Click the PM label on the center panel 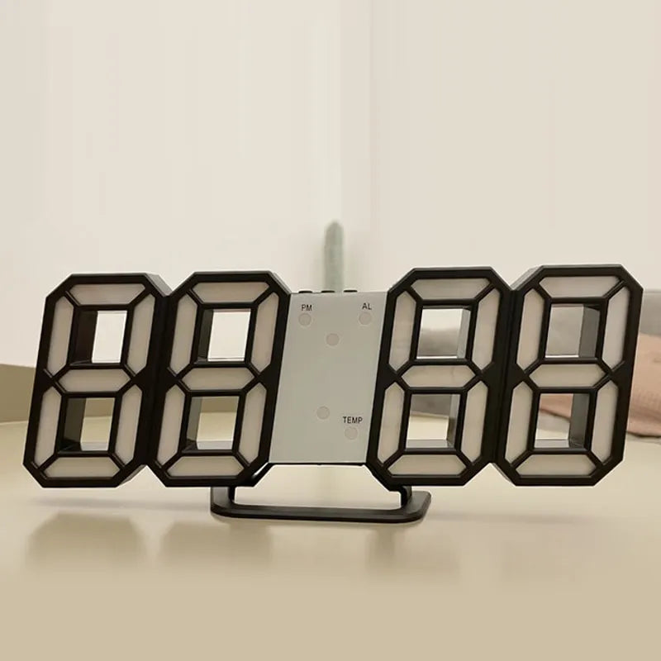(306, 306)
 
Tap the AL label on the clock (365, 306)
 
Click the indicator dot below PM (307, 317)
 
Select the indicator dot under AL (365, 317)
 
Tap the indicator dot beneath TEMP (351, 432)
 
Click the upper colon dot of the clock (332, 339)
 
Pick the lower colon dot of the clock (323, 411)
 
